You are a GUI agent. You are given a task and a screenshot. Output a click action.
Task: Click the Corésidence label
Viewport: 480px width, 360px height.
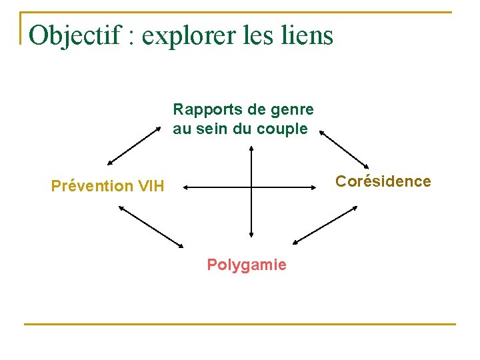pyautogui.click(x=383, y=181)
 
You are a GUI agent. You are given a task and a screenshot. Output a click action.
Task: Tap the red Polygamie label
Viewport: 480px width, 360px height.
pyautogui.click(x=247, y=265)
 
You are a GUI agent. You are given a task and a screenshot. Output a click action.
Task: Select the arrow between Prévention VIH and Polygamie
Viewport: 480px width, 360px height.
pyautogui.click(x=151, y=227)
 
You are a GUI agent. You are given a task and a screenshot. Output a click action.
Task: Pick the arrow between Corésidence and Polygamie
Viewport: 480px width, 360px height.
pyautogui.click(x=325, y=225)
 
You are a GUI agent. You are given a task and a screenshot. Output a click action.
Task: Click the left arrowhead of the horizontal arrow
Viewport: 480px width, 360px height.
pyautogui.click(x=187, y=188)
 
